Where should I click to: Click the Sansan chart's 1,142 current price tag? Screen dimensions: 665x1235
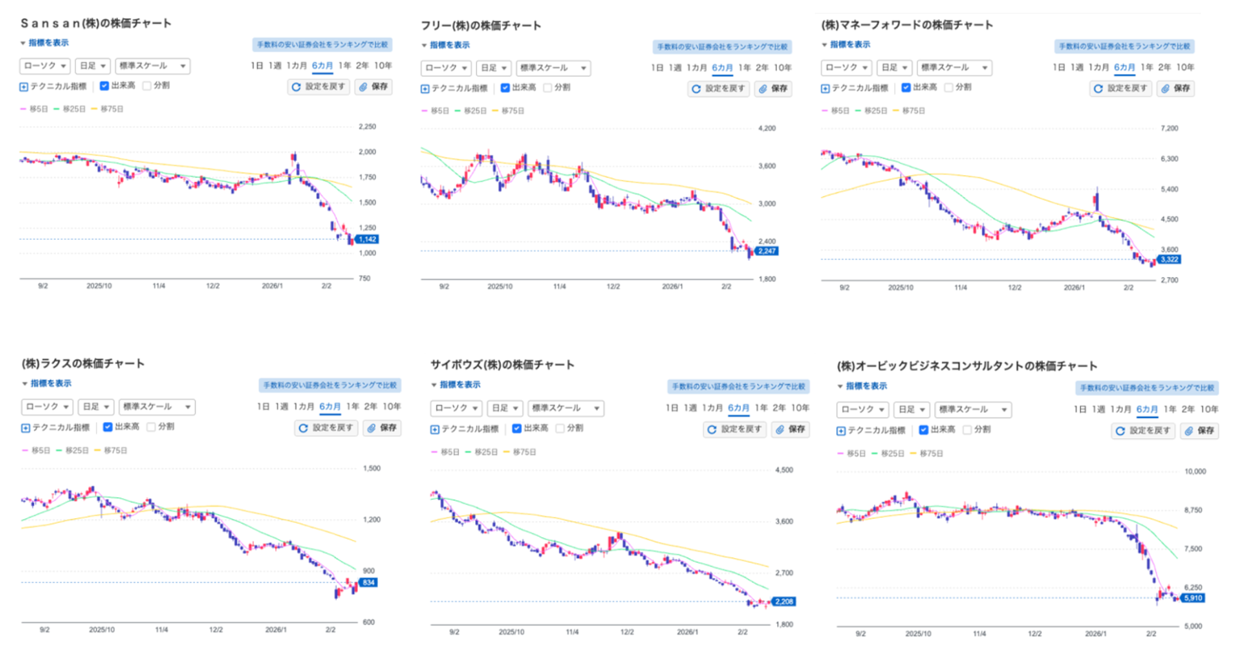pyautogui.click(x=367, y=239)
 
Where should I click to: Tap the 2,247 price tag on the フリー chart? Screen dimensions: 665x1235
pyautogui.click(x=767, y=251)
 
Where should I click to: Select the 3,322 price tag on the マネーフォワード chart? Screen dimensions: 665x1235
pyautogui.click(x=1169, y=259)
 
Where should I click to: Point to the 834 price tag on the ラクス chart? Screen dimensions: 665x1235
pyautogui.click(x=368, y=583)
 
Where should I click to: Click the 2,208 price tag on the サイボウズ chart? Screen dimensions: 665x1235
pyautogui.click(x=783, y=602)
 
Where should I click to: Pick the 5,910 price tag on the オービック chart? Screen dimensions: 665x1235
pyautogui.click(x=1193, y=598)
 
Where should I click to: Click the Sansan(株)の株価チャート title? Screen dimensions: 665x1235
pyautogui.click(x=96, y=23)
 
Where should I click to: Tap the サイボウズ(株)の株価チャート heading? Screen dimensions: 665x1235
pyautogui.click(x=502, y=365)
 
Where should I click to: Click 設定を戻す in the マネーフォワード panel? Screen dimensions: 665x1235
pyautogui.click(x=1121, y=89)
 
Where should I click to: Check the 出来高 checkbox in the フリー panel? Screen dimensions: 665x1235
pyautogui.click(x=505, y=88)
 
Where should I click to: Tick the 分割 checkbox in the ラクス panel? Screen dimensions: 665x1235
pyautogui.click(x=151, y=427)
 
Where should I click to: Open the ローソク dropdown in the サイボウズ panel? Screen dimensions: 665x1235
pyautogui.click(x=456, y=409)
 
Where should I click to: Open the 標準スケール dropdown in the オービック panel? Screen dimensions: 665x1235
pyautogui.click(x=972, y=410)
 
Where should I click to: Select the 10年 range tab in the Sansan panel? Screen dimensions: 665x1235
pyautogui.click(x=383, y=66)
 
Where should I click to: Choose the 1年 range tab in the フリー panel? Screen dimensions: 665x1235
pyautogui.click(x=744, y=68)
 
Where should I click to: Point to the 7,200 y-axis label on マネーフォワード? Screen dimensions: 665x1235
pyautogui.click(x=1169, y=128)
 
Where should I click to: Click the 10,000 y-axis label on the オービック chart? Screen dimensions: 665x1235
pyautogui.click(x=1195, y=472)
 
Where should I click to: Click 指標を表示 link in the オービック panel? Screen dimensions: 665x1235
pyautogui.click(x=866, y=386)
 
